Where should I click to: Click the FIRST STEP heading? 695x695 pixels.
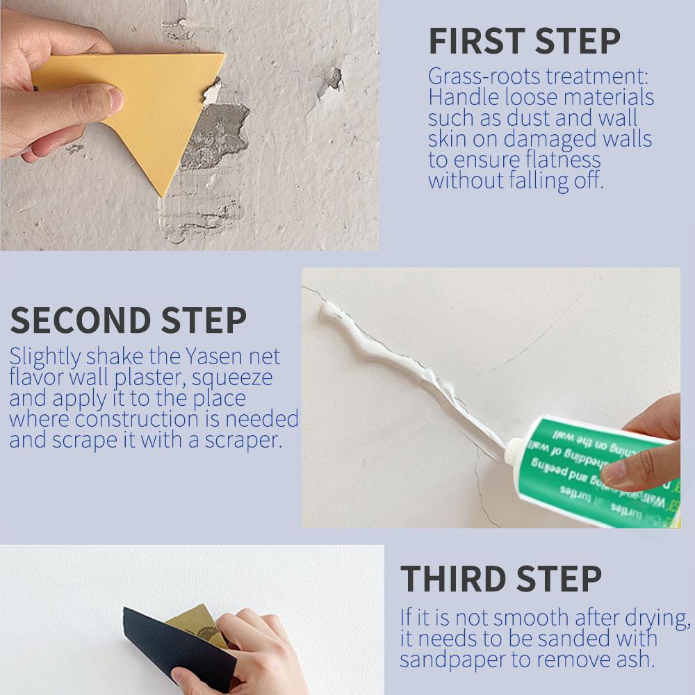524,42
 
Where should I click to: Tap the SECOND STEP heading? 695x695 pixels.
128,320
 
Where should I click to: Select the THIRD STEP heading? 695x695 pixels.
500,579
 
